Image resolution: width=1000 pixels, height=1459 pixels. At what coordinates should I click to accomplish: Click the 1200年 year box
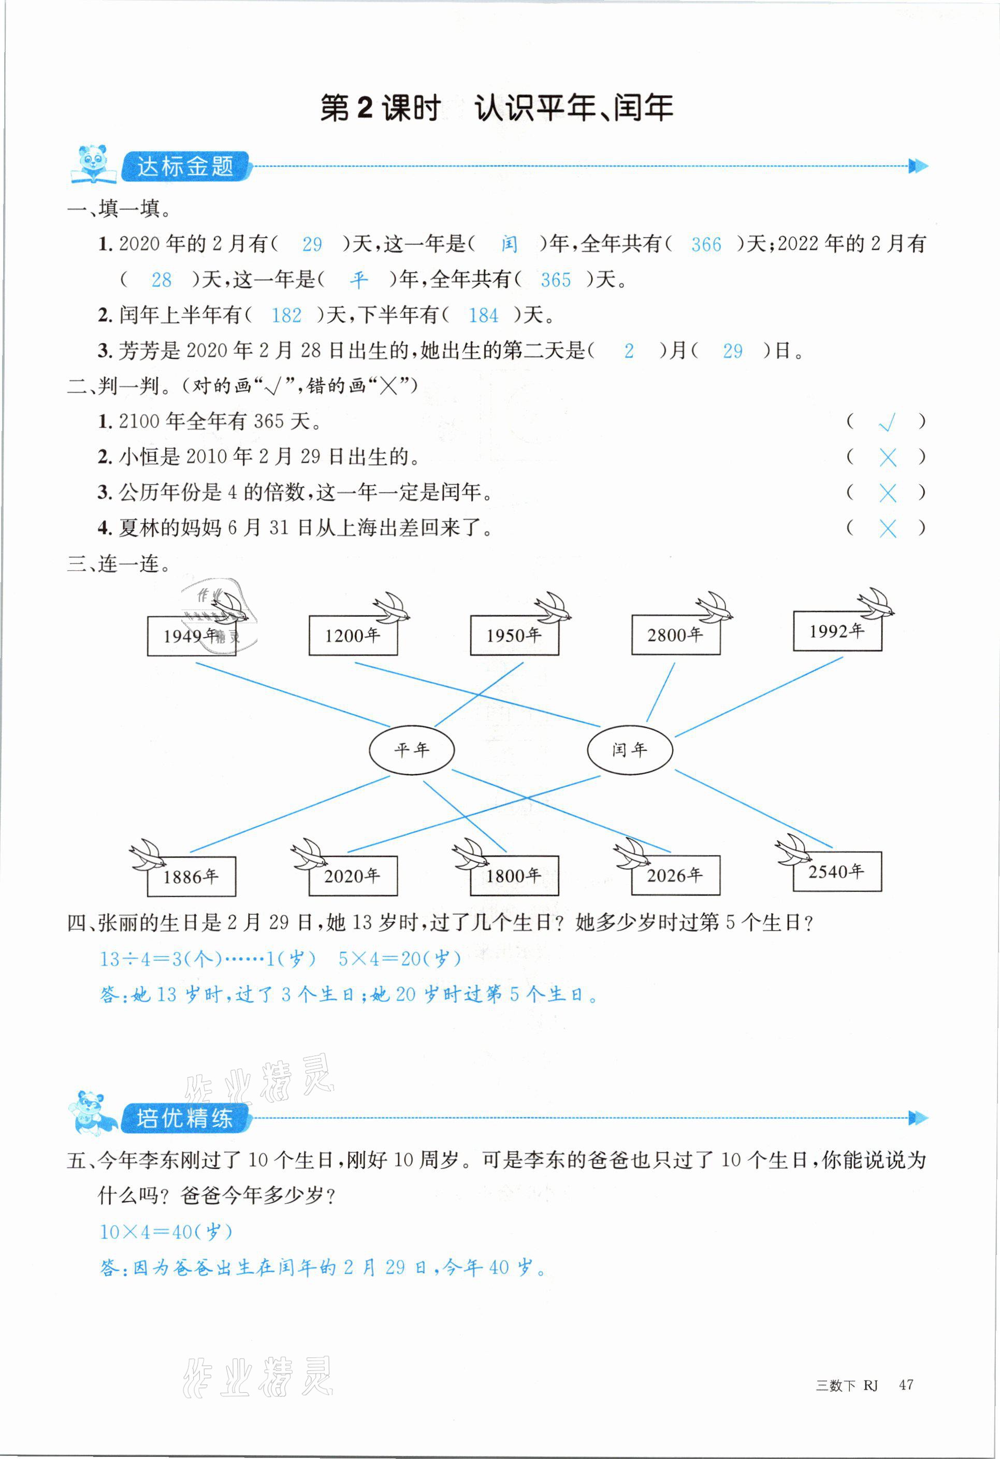353,635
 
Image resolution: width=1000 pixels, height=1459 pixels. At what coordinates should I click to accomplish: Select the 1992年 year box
837,631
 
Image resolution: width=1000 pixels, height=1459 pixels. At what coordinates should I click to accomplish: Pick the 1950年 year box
514,635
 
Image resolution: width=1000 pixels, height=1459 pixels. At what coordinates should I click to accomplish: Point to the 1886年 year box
192,876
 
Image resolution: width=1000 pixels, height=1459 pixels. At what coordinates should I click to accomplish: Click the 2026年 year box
675,875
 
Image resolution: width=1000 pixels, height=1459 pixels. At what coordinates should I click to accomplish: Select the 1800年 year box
514,875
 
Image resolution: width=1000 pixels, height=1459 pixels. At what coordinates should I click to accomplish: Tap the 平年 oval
411,749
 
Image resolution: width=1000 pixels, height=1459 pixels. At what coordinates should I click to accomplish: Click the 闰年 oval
630,749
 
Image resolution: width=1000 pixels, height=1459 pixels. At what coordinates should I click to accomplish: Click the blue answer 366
706,244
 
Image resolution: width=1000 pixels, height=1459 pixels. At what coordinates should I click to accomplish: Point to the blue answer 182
286,315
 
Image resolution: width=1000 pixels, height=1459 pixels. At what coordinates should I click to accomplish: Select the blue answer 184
483,315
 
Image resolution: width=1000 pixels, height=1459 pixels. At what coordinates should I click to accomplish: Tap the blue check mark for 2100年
887,423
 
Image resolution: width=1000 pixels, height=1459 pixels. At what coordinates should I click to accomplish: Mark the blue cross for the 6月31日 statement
888,529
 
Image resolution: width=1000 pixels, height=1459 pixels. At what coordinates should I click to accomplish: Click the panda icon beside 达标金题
93,165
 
